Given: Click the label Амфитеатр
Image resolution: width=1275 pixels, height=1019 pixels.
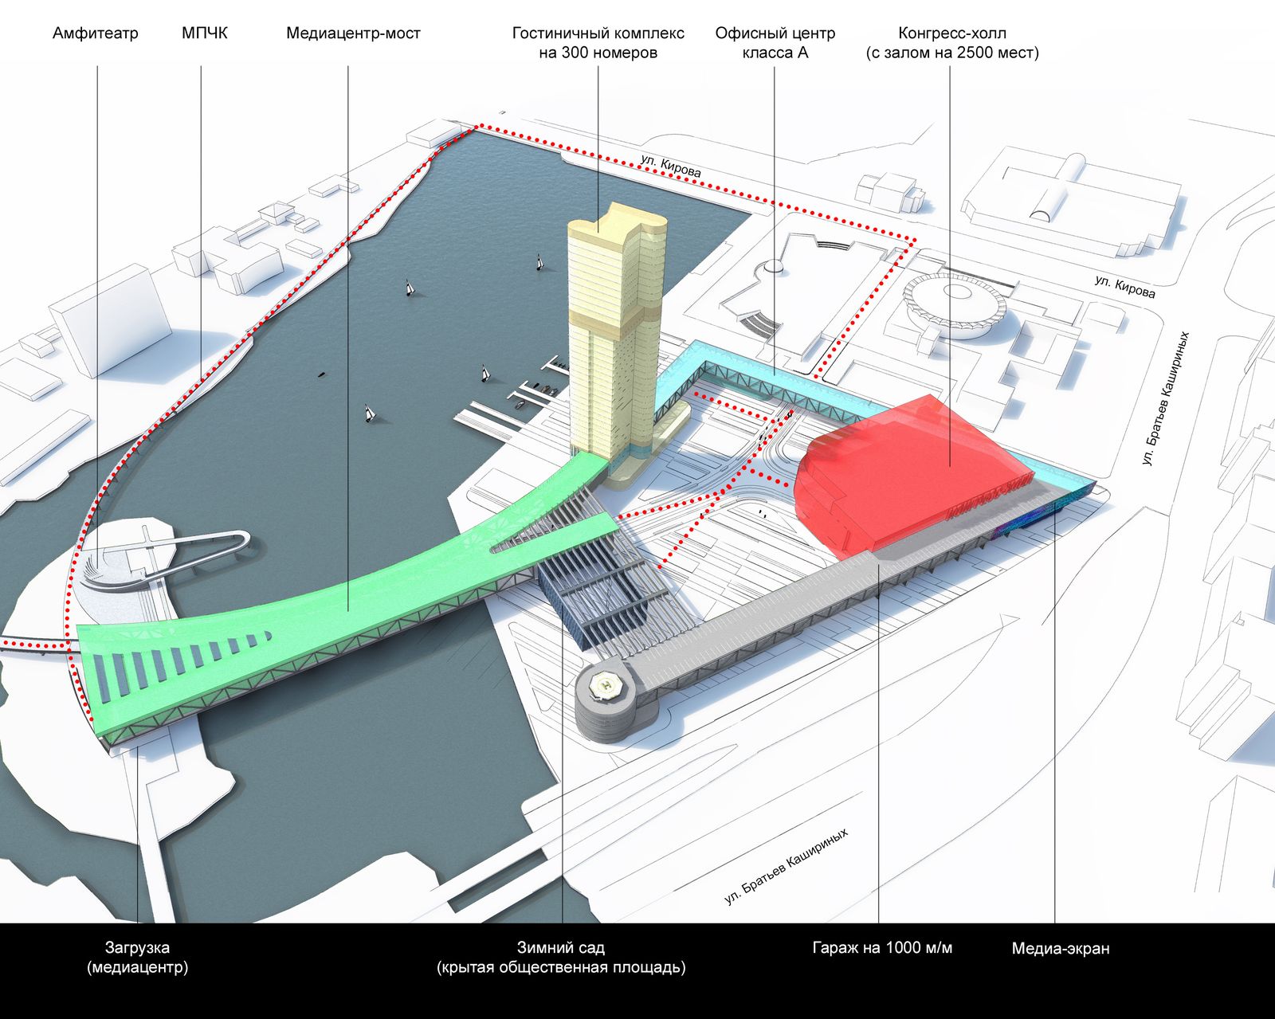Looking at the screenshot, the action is click(96, 33).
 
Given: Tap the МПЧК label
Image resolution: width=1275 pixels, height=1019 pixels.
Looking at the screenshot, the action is click(205, 33).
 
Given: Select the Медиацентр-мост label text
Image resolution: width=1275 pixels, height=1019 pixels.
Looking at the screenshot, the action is click(353, 33).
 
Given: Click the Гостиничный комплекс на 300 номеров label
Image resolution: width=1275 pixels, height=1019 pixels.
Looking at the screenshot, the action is click(598, 43).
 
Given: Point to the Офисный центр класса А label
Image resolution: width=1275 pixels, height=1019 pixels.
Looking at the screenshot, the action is click(775, 43).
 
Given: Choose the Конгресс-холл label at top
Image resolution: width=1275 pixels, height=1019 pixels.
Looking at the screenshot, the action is click(952, 43).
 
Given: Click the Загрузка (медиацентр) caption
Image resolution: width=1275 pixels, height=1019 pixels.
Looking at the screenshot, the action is click(137, 958).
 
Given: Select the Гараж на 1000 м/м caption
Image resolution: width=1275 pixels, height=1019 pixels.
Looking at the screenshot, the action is click(882, 949).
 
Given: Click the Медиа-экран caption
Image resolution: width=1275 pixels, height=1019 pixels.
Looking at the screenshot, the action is click(1061, 949).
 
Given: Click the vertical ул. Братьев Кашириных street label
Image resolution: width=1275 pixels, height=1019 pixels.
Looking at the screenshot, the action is click(1165, 398).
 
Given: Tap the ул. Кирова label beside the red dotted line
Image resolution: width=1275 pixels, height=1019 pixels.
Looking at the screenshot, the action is click(671, 166).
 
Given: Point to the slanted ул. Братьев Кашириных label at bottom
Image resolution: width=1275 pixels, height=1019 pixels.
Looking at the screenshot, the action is click(787, 866).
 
